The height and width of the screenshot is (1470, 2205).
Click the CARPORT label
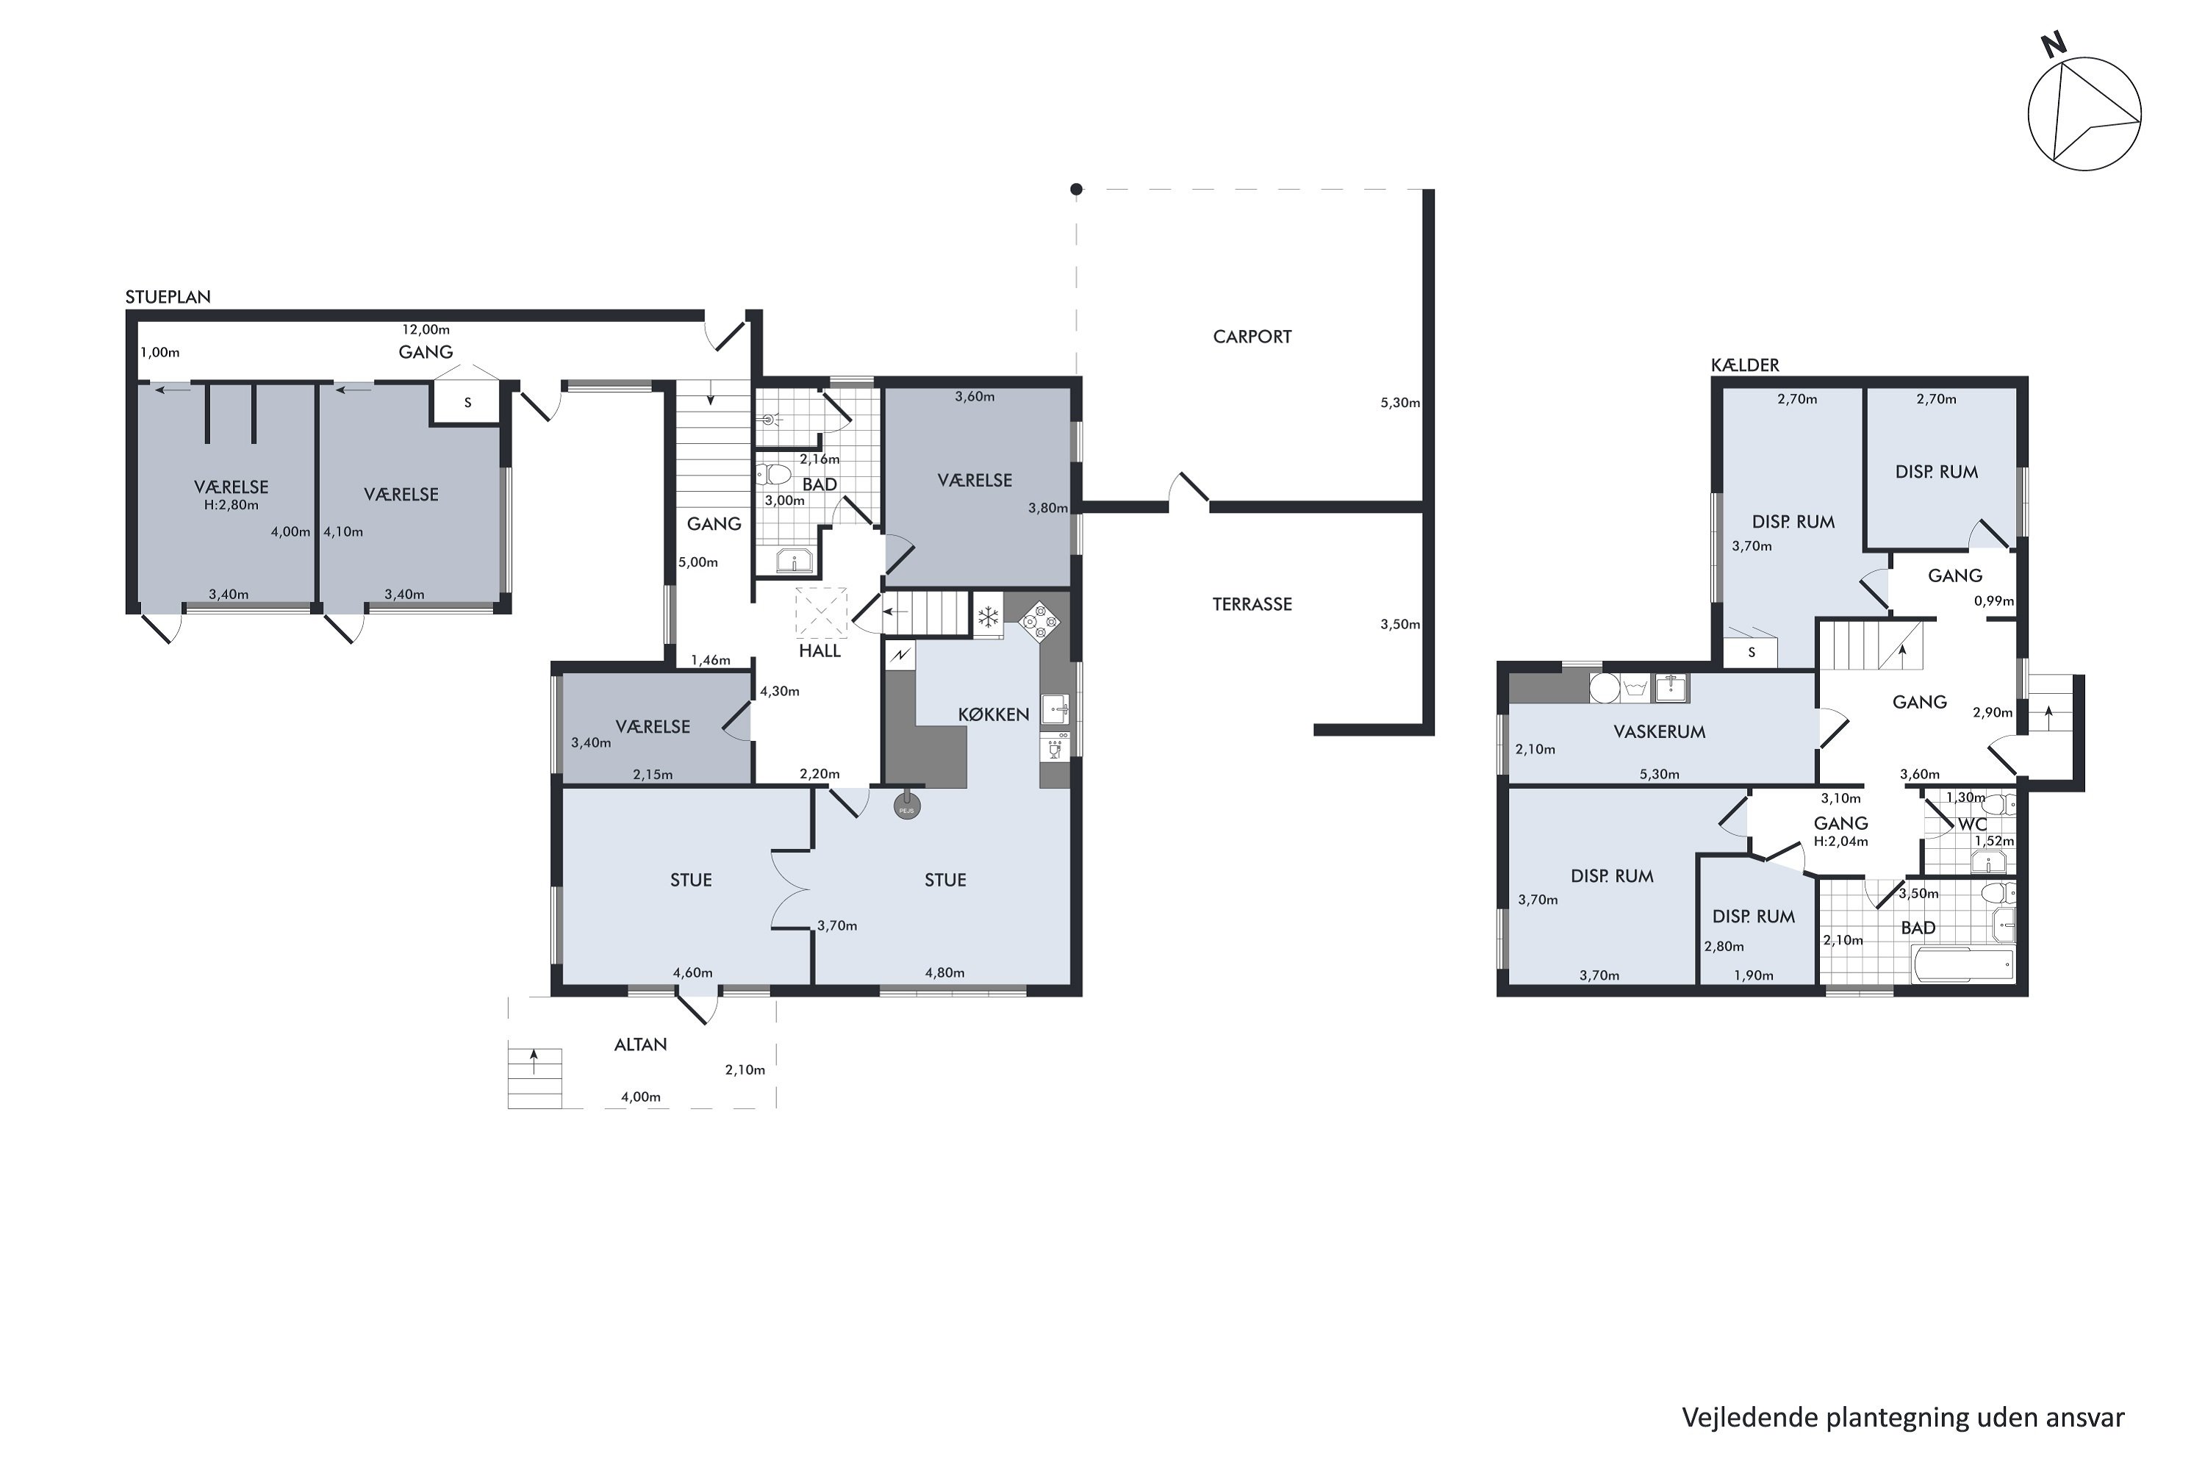(x=1252, y=337)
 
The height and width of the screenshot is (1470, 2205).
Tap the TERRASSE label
(x=1252, y=605)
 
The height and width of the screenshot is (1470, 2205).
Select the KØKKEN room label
(x=993, y=714)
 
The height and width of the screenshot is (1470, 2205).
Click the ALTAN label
(x=640, y=1044)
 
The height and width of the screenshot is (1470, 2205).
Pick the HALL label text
(x=820, y=651)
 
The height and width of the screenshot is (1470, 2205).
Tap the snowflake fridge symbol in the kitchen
(x=987, y=617)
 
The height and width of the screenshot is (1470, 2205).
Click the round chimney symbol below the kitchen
(x=906, y=806)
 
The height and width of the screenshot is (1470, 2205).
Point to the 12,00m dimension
(x=426, y=330)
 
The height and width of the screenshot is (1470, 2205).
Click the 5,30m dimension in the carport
(x=1399, y=403)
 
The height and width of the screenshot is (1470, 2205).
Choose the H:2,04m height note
(x=1840, y=842)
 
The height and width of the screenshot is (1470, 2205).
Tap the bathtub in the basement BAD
(x=1962, y=964)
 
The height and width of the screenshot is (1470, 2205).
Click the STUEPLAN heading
(x=168, y=297)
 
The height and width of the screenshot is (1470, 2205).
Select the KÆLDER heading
(x=1745, y=365)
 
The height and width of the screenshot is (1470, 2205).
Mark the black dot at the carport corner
(x=1076, y=190)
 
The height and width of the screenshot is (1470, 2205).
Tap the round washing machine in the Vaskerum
(x=1604, y=687)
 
